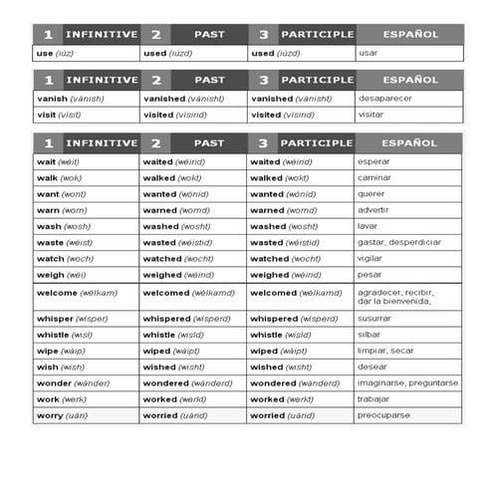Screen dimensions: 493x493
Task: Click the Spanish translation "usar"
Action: pyautogui.click(x=368, y=53)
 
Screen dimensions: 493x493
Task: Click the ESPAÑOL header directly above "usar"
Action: pyautogui.click(x=409, y=34)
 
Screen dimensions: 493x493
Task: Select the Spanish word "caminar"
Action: pyautogui.click(x=375, y=179)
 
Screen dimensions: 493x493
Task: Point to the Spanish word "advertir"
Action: pyautogui.click(x=374, y=210)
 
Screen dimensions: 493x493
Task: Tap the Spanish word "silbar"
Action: pyautogui.click(x=370, y=335)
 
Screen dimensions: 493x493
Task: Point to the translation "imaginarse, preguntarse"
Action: pyautogui.click(x=407, y=382)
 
